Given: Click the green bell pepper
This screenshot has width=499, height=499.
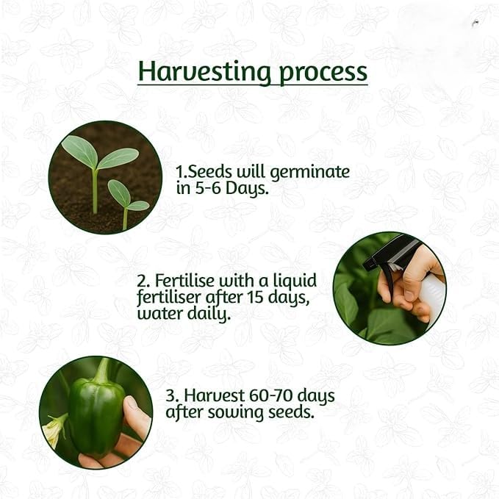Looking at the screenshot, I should tap(96, 414).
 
